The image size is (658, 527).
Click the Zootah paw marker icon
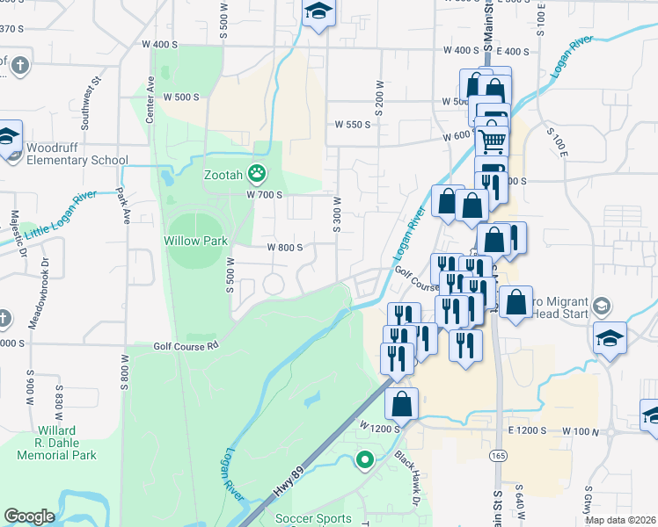[257, 173]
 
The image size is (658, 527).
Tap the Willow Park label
[195, 240]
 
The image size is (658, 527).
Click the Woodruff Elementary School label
[77, 154]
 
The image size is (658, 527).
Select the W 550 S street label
[353, 125]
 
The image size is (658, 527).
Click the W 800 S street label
[285, 247]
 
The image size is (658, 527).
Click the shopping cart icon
[492, 139]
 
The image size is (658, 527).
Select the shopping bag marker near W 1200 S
[401, 403]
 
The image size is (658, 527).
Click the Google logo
[29, 516]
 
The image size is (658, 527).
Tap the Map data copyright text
[621, 520]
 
